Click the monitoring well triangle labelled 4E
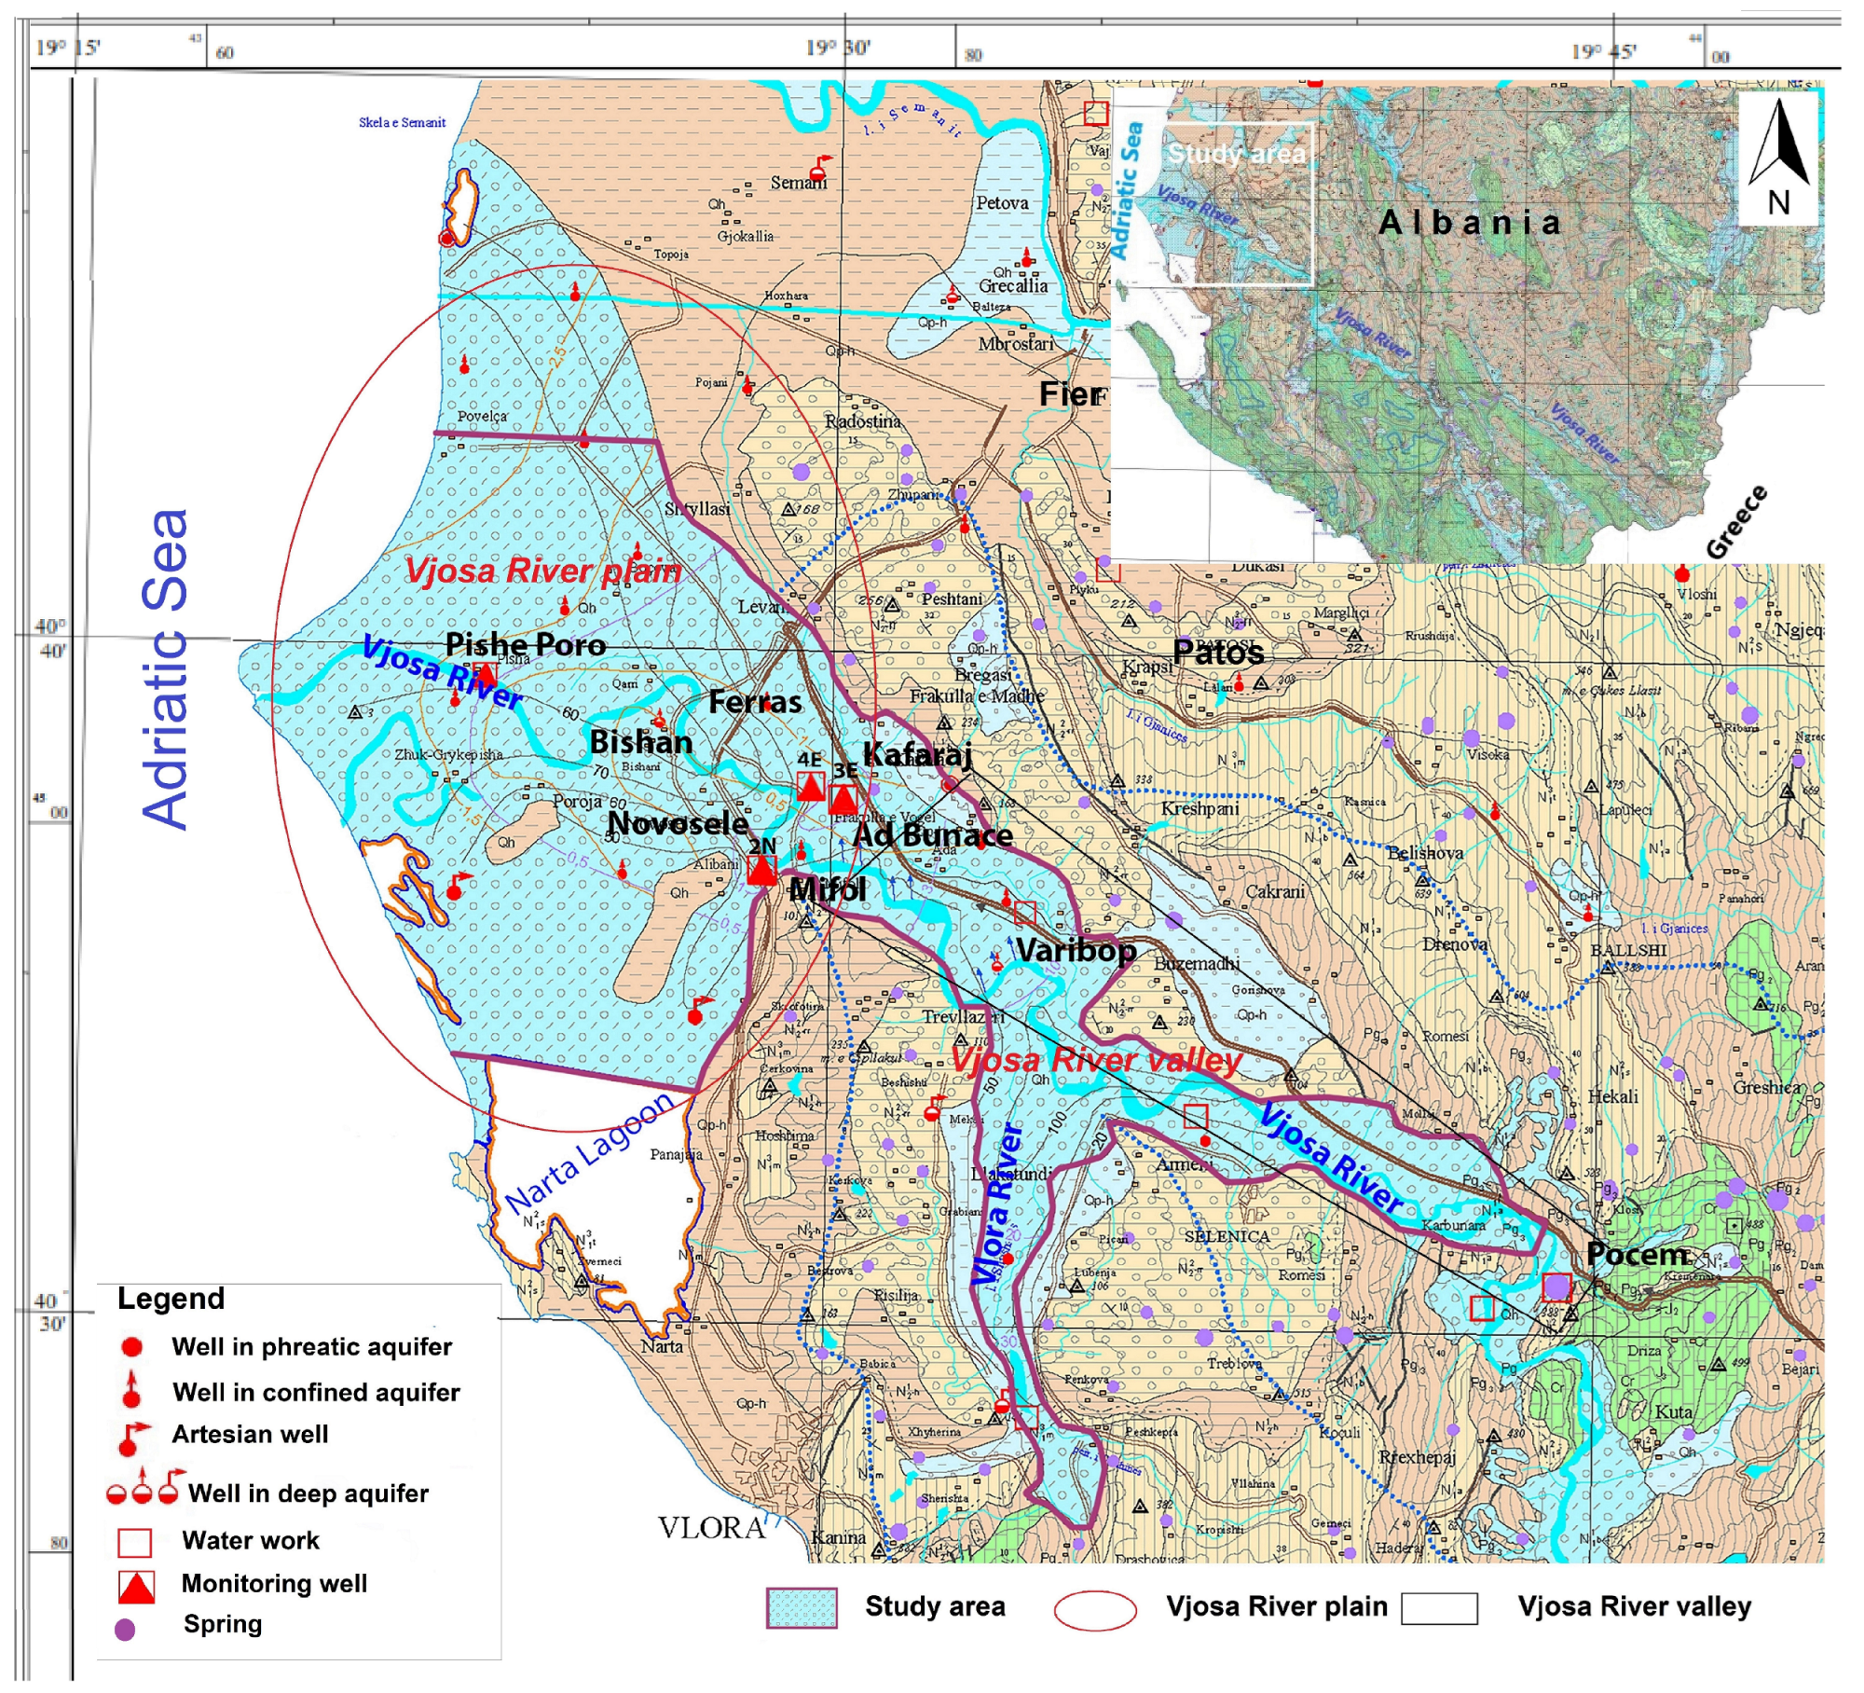[x=811, y=787]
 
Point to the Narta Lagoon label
[x=589, y=1154]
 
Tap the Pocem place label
[x=1637, y=1255]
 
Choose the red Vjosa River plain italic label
[x=542, y=571]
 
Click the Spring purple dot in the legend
[x=125, y=1630]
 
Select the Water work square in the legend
[x=134, y=1543]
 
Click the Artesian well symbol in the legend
[x=132, y=1438]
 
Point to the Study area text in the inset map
[x=1236, y=154]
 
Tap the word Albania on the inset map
[x=1469, y=223]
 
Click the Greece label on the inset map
[x=1735, y=523]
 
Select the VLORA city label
[x=711, y=1529]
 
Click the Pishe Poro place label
[x=525, y=644]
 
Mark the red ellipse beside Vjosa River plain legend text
[x=1094, y=1609]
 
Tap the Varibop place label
[x=1076, y=951]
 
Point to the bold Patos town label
[x=1217, y=653]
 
